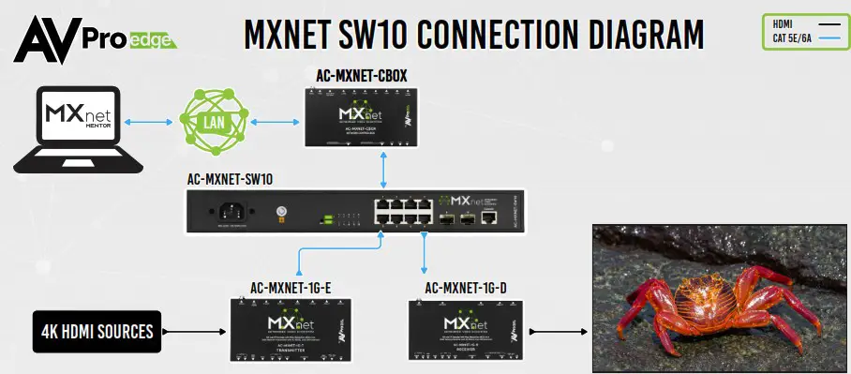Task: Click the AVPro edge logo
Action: [x=90, y=35]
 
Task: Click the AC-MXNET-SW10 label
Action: [x=230, y=178]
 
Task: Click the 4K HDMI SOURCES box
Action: [x=97, y=330]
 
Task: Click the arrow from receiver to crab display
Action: [x=558, y=330]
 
